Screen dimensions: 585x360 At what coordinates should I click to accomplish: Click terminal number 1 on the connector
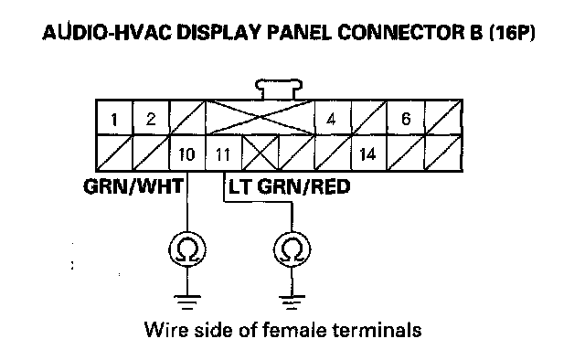point(114,119)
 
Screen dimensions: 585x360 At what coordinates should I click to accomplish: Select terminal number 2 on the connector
point(151,119)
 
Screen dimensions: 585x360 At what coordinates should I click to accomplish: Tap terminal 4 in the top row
point(331,119)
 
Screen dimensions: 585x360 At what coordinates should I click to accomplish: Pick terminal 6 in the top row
point(406,119)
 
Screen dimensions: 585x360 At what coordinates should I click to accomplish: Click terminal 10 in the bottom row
point(186,154)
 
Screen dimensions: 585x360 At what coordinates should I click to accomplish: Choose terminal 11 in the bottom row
point(223,154)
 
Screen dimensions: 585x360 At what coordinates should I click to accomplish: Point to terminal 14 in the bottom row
point(367,154)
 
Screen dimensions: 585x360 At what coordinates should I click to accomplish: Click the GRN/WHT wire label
point(133,186)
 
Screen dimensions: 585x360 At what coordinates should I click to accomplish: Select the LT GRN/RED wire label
point(290,186)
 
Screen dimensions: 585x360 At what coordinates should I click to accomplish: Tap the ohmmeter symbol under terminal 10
point(186,249)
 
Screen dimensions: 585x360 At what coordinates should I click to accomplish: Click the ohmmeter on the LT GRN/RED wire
point(292,249)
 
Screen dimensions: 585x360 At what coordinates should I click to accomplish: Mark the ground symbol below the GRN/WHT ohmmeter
point(186,302)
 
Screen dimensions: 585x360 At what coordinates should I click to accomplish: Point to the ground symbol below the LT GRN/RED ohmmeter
point(292,302)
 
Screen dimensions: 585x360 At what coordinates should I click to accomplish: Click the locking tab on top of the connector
point(279,89)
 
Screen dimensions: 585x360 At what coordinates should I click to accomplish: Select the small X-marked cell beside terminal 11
point(260,154)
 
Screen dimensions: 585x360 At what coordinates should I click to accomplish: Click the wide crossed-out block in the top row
point(260,118)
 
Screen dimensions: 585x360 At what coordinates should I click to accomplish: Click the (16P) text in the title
point(512,33)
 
